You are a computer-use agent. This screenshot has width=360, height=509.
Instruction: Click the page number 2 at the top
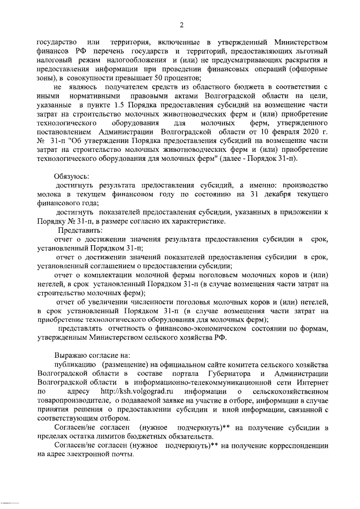[x=181, y=24]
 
